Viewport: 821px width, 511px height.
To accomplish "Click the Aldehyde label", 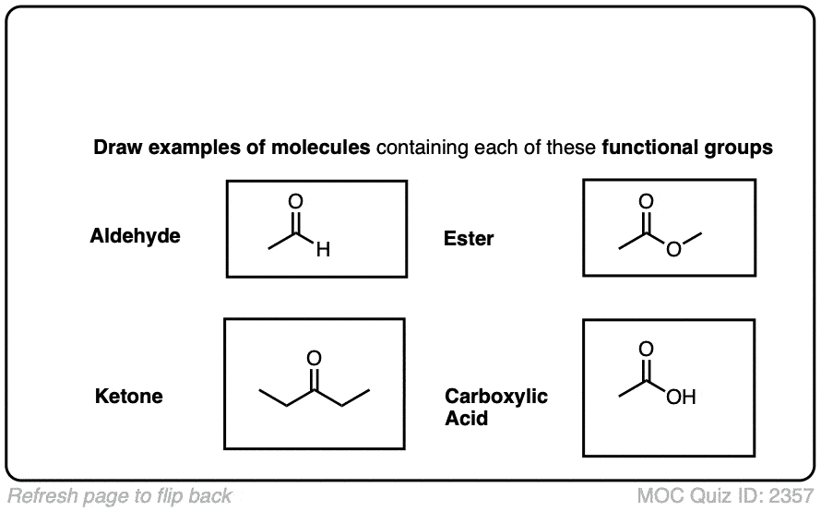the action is pyautogui.click(x=135, y=236).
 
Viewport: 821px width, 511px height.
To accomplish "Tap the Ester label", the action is pyautogui.click(x=469, y=239).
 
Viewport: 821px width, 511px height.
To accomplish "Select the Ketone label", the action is pyautogui.click(x=129, y=397).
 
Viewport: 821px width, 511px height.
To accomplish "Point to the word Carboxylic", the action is pyautogui.click(x=496, y=397).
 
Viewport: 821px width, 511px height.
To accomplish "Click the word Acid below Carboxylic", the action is pyautogui.click(x=467, y=419).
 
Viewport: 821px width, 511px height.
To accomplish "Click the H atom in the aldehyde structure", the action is pyautogui.click(x=323, y=250).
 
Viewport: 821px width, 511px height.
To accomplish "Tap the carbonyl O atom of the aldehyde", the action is pyautogui.click(x=296, y=201).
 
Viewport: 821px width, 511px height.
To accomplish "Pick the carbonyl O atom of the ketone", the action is pyautogui.click(x=315, y=358).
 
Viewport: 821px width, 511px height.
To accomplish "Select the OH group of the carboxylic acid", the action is pyautogui.click(x=681, y=397).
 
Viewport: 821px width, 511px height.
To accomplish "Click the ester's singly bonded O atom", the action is pyautogui.click(x=674, y=249).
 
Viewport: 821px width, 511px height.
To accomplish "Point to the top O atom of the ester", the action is pyautogui.click(x=646, y=201).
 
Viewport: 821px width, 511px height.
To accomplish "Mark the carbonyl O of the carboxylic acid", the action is pyautogui.click(x=646, y=349).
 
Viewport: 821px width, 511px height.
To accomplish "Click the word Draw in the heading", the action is pyautogui.click(x=118, y=148).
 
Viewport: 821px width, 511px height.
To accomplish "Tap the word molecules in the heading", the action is pyautogui.click(x=320, y=148).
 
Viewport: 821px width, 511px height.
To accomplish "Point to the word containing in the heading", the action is pyautogui.click(x=422, y=149).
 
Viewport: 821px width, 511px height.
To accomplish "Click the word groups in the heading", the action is pyautogui.click(x=738, y=149).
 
